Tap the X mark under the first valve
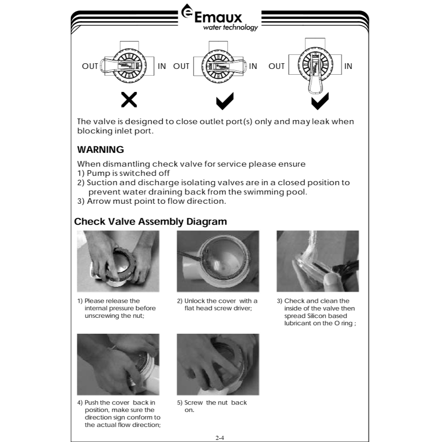coord(129,100)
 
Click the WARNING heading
coord(100,149)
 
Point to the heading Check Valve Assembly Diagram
coord(150,221)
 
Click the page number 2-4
coord(220,438)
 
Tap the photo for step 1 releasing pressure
coord(118,261)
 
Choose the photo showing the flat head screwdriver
coord(218,261)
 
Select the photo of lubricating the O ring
coord(318,261)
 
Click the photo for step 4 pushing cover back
coord(118,364)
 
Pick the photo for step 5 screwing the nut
coord(218,364)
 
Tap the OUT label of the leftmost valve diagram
coord(90,66)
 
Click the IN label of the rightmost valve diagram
coord(348,66)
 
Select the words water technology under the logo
coord(230,28)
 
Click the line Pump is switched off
coord(123,173)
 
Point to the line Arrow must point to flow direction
coord(152,201)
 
